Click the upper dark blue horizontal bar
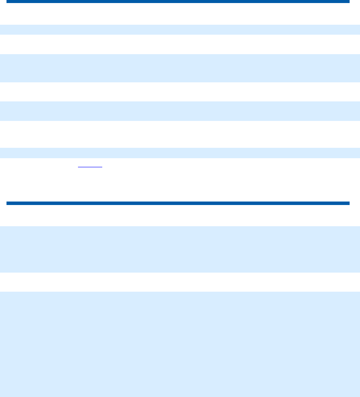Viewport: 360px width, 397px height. coord(178,2)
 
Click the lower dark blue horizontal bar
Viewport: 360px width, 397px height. coord(178,203)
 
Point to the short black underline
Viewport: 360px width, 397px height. coord(90,166)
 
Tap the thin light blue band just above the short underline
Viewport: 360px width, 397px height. coord(180,153)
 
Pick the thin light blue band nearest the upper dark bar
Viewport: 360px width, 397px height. coord(180,29)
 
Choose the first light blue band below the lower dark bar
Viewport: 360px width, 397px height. coord(180,249)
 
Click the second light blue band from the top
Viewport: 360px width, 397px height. coord(180,68)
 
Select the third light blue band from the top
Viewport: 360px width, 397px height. coord(180,111)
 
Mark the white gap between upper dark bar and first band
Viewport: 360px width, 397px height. coord(180,14)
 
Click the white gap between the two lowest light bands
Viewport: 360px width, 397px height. coord(180,282)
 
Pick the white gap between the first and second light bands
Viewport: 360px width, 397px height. coord(180,44)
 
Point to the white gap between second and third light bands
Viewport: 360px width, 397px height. coord(180,92)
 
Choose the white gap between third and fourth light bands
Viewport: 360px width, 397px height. coord(180,134)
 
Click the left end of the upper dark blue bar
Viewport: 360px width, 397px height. coord(8,2)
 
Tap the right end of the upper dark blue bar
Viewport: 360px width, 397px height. coord(347,2)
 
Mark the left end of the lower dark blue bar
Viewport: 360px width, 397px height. coord(8,203)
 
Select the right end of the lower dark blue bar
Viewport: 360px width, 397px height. coord(347,203)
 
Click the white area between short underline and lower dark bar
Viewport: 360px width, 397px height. coord(180,184)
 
